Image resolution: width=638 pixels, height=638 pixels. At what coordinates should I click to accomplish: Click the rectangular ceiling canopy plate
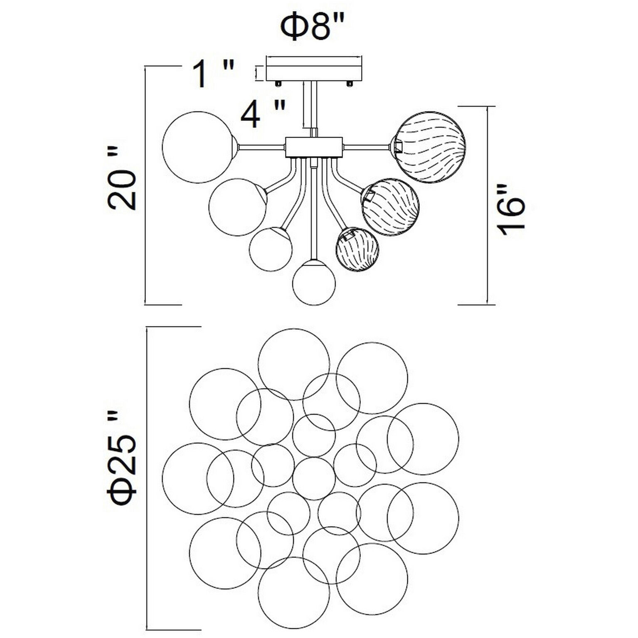tap(313, 68)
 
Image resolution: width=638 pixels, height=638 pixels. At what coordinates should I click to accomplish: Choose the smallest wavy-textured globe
tap(357, 249)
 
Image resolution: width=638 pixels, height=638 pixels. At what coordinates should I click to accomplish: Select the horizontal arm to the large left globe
tap(262, 146)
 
